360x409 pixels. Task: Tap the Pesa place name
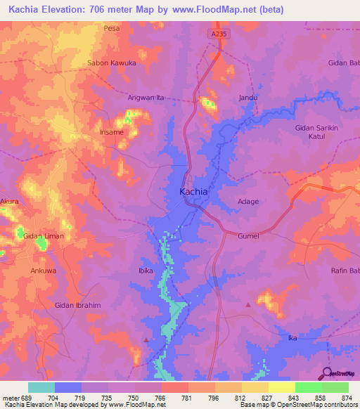click(x=112, y=29)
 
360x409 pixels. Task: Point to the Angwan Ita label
click(x=146, y=98)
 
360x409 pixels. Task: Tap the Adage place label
click(x=248, y=202)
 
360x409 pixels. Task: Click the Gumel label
click(x=248, y=236)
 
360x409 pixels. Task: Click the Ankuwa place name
click(x=43, y=270)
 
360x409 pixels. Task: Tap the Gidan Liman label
click(x=44, y=236)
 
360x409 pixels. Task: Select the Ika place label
click(x=293, y=338)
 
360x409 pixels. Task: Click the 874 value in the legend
click(x=345, y=397)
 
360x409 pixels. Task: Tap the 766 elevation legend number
click(x=160, y=397)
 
